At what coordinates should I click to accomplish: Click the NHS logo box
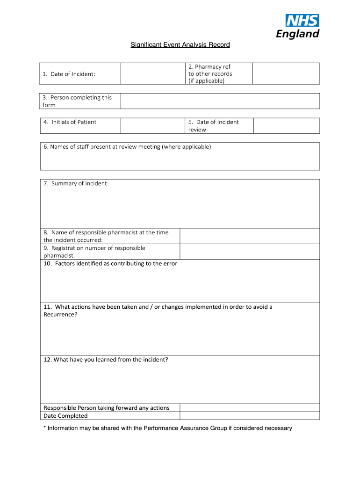click(x=302, y=21)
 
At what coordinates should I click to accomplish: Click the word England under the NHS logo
click(x=298, y=34)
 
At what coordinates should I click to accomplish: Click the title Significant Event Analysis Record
click(x=180, y=45)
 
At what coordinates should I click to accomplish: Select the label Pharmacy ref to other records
click(x=210, y=74)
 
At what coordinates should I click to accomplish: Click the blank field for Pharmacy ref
click(x=286, y=74)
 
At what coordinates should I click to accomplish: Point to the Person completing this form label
click(x=77, y=101)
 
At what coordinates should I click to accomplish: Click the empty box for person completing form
click(x=220, y=101)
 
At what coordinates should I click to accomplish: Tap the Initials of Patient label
click(x=70, y=122)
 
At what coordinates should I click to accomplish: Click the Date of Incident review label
click(x=213, y=125)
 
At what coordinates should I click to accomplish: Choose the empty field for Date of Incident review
click(x=286, y=125)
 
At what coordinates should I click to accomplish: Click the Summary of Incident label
click(x=76, y=183)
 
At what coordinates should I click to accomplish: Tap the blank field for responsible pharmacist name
click(x=250, y=236)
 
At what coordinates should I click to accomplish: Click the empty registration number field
click(x=250, y=252)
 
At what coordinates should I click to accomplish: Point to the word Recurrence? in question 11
click(x=60, y=314)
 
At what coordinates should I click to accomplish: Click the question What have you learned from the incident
click(x=106, y=360)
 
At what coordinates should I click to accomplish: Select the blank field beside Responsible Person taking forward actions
click(x=250, y=408)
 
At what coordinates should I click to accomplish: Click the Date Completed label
click(x=65, y=415)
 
